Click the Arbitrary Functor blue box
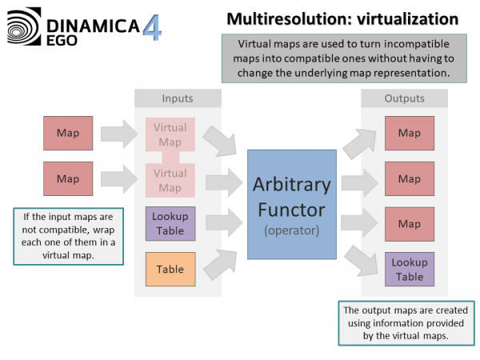pos(291,204)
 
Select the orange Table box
pos(170,270)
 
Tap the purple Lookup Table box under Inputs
pos(170,224)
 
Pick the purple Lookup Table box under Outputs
pos(409,269)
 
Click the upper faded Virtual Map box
pos(170,134)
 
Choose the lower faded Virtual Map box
pos(170,180)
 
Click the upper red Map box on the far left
pos(68,134)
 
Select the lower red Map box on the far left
pos(68,178)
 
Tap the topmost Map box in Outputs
pos(409,134)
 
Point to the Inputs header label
pos(177,98)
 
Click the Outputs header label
pos(404,98)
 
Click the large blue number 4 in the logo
pos(152,26)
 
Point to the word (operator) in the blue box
pos(291,230)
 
